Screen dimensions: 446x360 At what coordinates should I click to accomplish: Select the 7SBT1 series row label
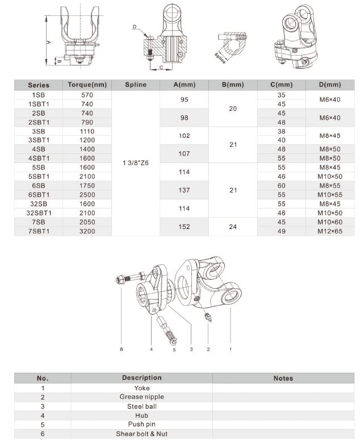(39, 231)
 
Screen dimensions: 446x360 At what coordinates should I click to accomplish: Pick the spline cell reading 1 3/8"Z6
(135, 163)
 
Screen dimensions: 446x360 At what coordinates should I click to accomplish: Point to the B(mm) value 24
(233, 227)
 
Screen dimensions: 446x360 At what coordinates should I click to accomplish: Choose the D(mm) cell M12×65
(330, 231)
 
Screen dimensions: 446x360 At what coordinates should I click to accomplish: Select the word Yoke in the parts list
(141, 388)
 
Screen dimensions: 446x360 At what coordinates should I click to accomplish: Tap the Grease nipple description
(141, 397)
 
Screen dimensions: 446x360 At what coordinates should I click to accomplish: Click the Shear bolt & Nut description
(141, 434)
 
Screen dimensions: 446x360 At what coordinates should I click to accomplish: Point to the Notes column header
(283, 378)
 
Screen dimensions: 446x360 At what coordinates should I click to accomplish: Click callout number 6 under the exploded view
(121, 349)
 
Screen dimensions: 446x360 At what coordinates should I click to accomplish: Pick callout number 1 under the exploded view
(230, 349)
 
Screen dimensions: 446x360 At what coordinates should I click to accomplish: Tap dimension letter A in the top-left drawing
(49, 41)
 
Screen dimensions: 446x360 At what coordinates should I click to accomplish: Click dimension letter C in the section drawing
(161, 68)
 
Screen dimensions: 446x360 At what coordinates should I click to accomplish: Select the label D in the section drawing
(135, 27)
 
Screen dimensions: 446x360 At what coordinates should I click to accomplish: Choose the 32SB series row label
(39, 204)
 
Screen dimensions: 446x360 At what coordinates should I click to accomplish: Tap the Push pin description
(141, 424)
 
